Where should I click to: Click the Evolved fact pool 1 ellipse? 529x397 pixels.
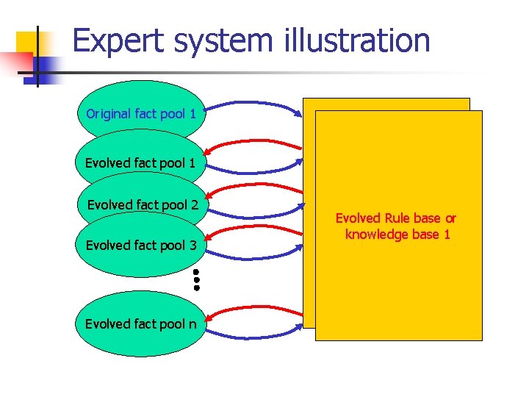pos(140,162)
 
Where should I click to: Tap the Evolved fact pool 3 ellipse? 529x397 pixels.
pos(140,245)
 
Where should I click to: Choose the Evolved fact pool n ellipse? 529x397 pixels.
pos(140,323)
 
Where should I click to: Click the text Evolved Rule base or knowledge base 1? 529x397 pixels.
pos(396,226)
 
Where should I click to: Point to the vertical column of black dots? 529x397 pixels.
pos(197,280)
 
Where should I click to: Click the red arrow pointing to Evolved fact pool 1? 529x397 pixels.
pos(253,146)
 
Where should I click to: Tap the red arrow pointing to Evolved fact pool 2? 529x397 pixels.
pos(253,187)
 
